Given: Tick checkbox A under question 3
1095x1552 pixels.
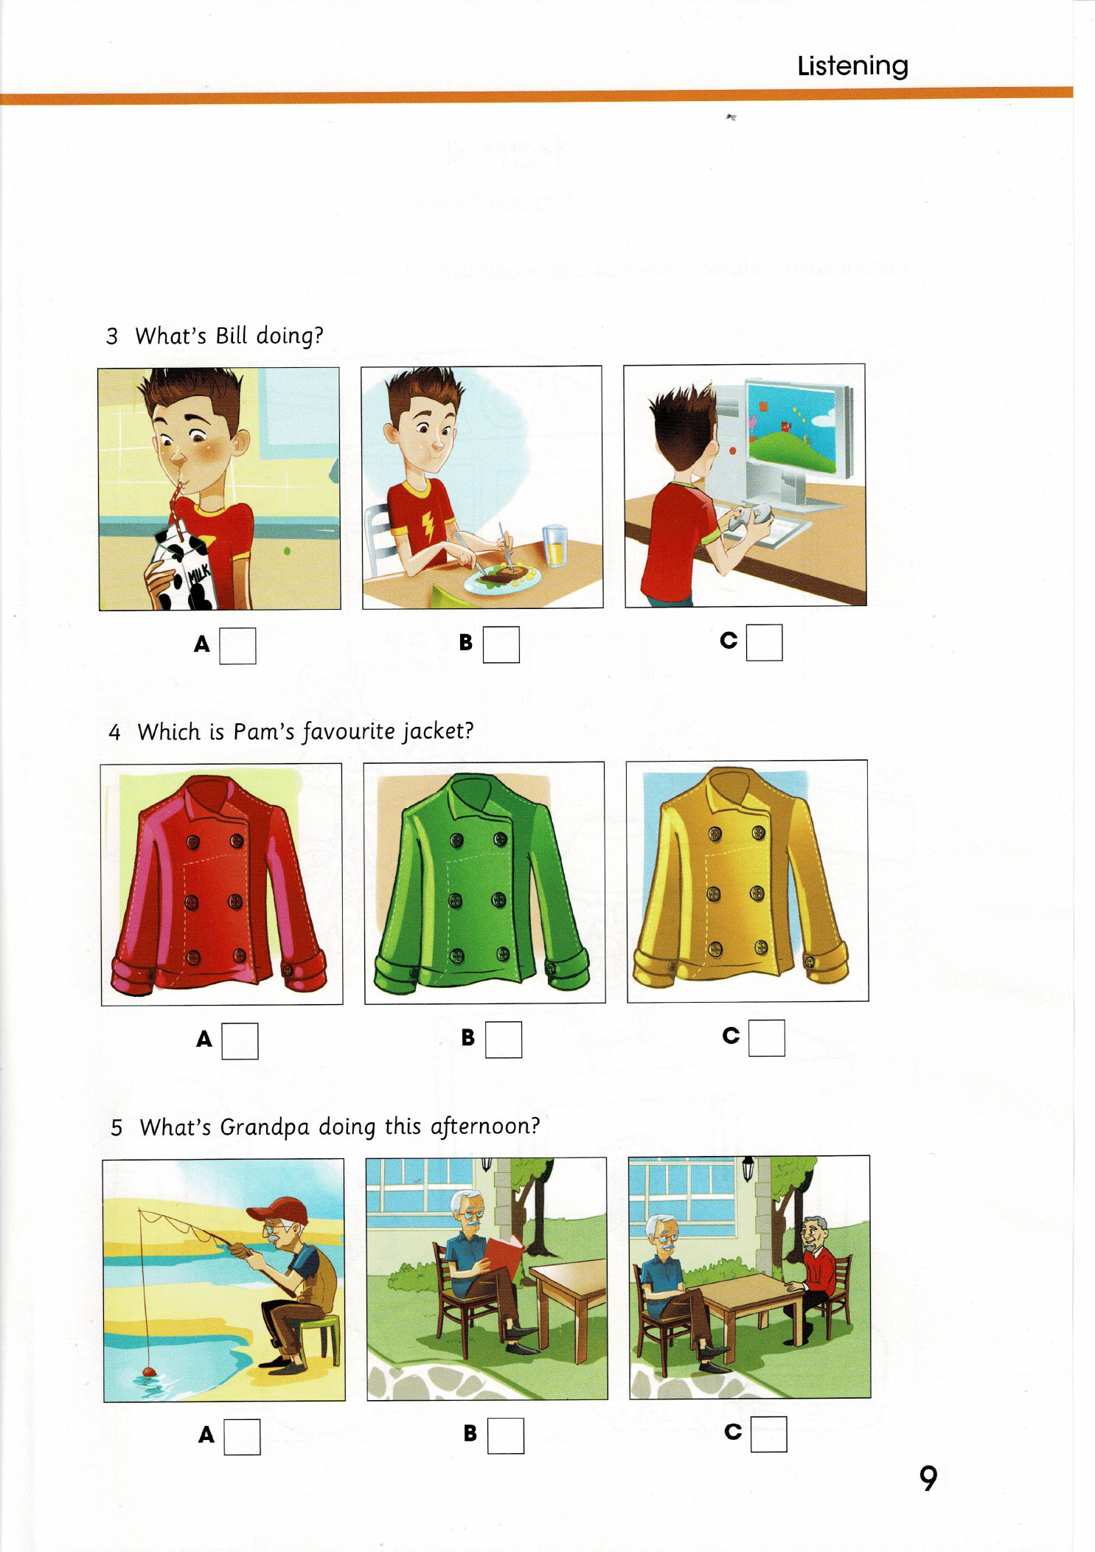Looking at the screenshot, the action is pyautogui.click(x=237, y=646).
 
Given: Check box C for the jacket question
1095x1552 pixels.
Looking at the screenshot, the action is pyautogui.click(x=767, y=1038).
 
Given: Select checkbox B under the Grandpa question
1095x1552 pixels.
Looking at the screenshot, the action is pyautogui.click(x=506, y=1436).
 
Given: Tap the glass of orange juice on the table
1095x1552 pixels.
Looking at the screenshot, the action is pyautogui.click(x=555, y=546).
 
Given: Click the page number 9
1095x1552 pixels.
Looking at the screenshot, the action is pyautogui.click(x=928, y=1478).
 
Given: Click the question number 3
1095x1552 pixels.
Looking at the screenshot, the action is pyautogui.click(x=112, y=337).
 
